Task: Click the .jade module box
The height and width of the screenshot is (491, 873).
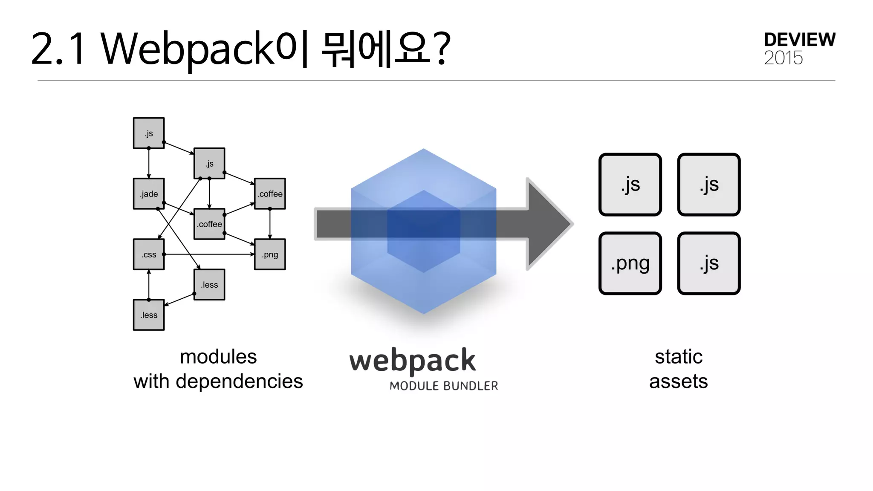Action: [149, 194]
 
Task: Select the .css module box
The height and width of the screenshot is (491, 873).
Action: [149, 254]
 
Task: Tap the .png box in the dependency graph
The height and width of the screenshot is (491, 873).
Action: [270, 254]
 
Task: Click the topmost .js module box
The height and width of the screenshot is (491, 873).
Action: [149, 133]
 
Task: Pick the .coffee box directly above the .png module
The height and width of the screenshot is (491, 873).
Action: [270, 194]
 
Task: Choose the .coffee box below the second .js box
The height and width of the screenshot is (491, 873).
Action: [209, 224]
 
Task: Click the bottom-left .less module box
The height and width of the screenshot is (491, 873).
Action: [149, 315]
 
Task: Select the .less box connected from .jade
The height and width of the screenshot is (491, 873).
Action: [209, 285]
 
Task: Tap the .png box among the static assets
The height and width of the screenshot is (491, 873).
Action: [630, 263]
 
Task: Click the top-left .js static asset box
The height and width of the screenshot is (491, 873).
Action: [630, 185]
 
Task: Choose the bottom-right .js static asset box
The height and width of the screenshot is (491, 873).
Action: [709, 263]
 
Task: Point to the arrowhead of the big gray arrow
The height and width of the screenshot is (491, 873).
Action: [550, 224]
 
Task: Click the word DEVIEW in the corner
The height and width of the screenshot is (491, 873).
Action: [799, 40]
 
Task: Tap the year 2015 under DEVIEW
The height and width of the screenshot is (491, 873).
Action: [783, 58]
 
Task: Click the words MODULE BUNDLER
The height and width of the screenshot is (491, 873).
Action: [443, 386]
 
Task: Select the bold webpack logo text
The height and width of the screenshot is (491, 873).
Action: [412, 361]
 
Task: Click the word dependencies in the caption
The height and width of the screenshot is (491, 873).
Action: [239, 381]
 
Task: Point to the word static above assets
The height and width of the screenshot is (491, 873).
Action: [679, 357]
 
